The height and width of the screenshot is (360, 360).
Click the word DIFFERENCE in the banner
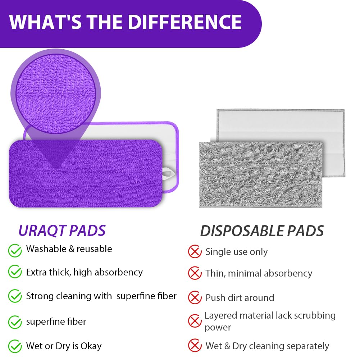pyautogui.click(x=184, y=22)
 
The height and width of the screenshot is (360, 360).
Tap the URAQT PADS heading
pyautogui.click(x=62, y=231)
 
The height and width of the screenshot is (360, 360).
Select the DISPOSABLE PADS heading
pyautogui.click(x=262, y=231)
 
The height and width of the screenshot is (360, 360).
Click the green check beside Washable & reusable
pyautogui.click(x=15, y=250)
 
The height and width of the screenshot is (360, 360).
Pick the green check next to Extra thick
pyautogui.click(x=15, y=272)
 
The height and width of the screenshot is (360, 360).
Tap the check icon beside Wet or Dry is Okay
pyautogui.click(x=15, y=346)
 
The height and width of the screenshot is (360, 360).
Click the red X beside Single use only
pyautogui.click(x=195, y=252)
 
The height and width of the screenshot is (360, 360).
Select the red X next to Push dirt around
pyautogui.click(x=195, y=297)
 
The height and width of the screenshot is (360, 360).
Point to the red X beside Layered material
pyautogui.click(x=195, y=321)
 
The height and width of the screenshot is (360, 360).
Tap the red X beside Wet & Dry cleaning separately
pyautogui.click(x=195, y=345)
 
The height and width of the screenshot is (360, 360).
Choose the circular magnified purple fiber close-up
pyautogui.click(x=55, y=94)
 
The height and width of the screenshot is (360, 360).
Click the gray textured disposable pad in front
pyautogui.click(x=261, y=175)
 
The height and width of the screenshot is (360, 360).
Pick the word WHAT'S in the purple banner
pyautogui.click(x=45, y=22)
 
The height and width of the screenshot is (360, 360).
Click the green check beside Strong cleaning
pyautogui.click(x=15, y=296)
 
